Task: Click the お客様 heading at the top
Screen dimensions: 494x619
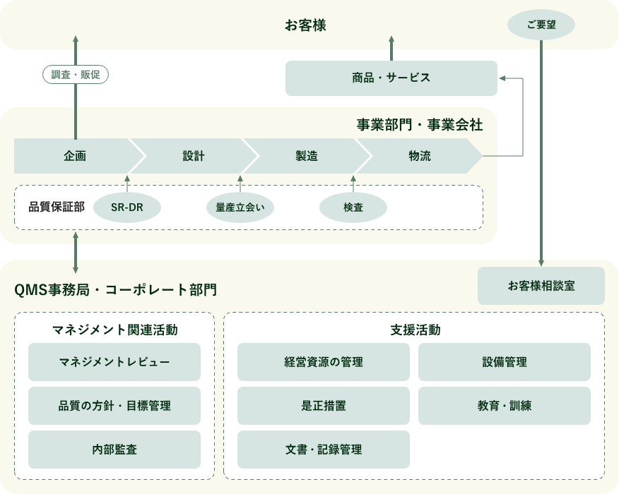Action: (x=305, y=26)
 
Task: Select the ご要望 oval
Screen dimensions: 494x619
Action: (x=541, y=25)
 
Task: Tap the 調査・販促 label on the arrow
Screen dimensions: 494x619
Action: (x=76, y=75)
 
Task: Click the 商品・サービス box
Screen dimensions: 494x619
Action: (x=391, y=78)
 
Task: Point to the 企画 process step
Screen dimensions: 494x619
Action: (x=74, y=156)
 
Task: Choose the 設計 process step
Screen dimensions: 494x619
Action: (x=193, y=156)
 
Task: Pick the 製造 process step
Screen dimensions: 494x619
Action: (x=306, y=156)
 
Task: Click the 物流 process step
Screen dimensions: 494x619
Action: (x=419, y=156)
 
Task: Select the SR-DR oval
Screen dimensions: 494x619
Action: (x=127, y=207)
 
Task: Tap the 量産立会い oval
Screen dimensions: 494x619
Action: (x=240, y=207)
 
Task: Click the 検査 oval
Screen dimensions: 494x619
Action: (x=353, y=207)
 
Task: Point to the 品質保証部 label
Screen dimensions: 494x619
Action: (x=57, y=207)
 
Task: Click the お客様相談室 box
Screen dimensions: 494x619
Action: (x=541, y=286)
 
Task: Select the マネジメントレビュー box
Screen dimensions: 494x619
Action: (x=114, y=362)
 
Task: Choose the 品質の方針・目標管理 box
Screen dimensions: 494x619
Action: (x=114, y=406)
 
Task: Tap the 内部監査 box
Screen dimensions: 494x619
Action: (x=114, y=450)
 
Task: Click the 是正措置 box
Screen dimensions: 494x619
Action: (x=323, y=406)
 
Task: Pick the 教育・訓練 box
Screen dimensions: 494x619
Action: (x=504, y=406)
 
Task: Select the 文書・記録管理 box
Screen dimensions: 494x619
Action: (x=323, y=450)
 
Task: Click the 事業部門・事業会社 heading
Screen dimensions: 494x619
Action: (x=419, y=125)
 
